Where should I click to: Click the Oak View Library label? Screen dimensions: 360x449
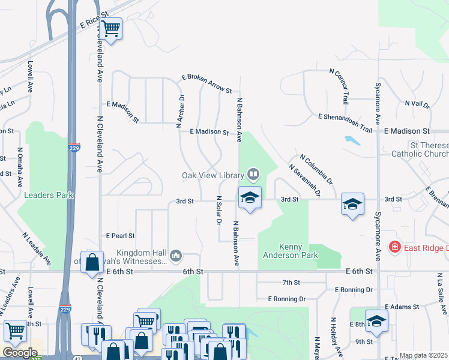tap(213, 175)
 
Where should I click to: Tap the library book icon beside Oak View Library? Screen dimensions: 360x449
tap(253, 175)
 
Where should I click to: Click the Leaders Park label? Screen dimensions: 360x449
tap(48, 195)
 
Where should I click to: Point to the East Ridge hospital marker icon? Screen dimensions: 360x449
tap(394, 247)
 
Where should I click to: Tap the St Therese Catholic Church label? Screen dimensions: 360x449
tap(420, 149)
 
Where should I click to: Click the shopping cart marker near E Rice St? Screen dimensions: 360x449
tap(111, 28)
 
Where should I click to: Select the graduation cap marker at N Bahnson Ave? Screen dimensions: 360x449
tap(250, 198)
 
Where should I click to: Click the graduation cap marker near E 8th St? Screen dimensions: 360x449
tap(376, 322)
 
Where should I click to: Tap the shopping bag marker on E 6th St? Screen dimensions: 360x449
tap(92, 263)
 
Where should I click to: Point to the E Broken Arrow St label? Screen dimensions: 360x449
tap(207, 84)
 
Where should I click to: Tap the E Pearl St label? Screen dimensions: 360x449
tap(120, 236)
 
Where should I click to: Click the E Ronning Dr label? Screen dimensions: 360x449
tap(287, 298)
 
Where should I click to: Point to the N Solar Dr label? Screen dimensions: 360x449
tap(219, 210)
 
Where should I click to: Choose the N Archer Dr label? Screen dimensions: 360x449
tap(179, 111)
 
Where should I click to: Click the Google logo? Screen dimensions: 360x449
tap(20, 353)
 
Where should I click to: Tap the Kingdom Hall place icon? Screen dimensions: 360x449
tap(176, 256)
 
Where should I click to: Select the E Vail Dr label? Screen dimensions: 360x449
tap(418, 104)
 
